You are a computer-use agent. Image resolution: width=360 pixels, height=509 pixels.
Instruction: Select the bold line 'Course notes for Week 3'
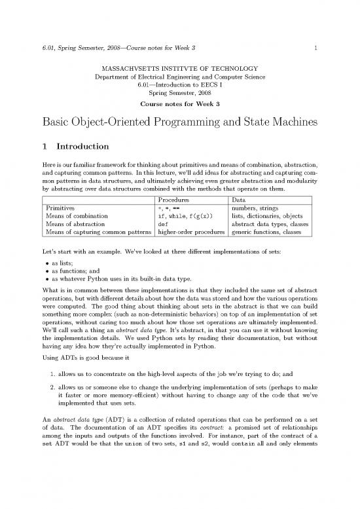(x=179, y=105)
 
